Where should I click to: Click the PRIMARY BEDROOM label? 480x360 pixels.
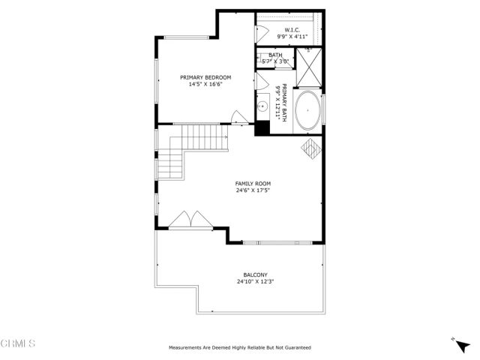[x=205, y=77]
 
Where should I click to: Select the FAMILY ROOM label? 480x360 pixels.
[x=253, y=183]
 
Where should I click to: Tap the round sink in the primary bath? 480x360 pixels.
[x=263, y=108]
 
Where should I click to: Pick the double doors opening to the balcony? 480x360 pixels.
[x=190, y=219]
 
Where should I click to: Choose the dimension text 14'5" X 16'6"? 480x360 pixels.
[x=205, y=85]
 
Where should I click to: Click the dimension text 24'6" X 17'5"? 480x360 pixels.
[x=253, y=190]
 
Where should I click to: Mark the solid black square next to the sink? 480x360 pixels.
[x=262, y=127]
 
